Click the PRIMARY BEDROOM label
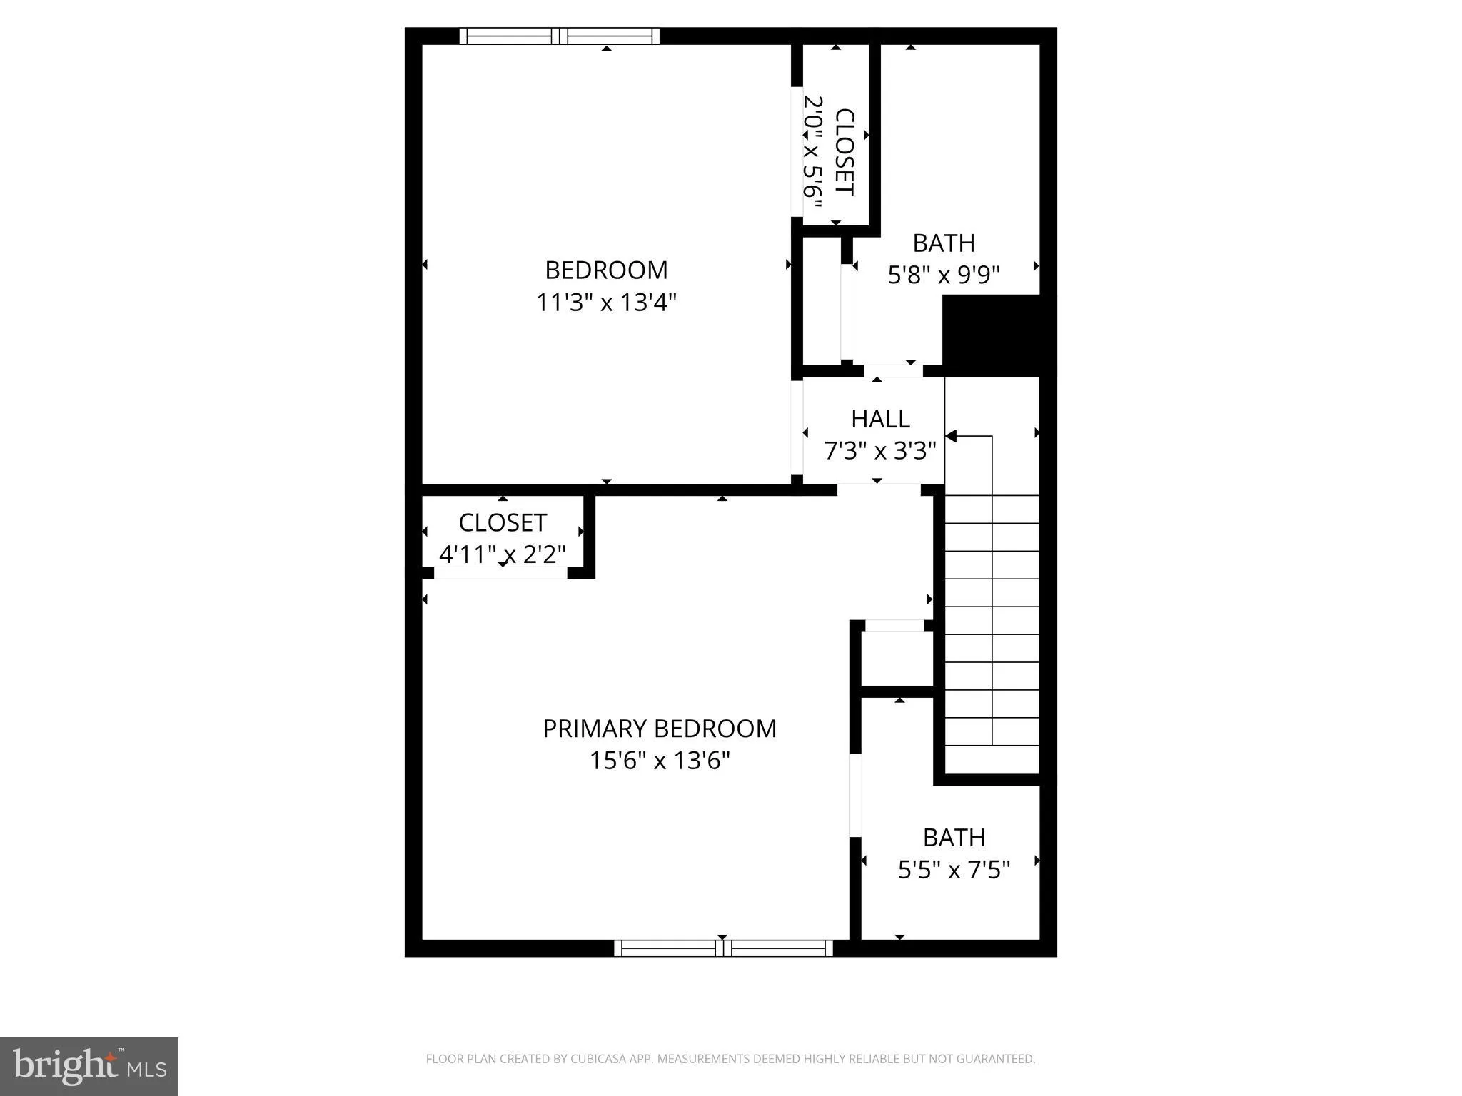[659, 729]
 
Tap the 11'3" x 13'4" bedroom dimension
[606, 303]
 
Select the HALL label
[880, 419]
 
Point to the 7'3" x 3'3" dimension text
[880, 451]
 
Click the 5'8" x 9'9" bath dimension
[944, 275]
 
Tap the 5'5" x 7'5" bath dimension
[954, 870]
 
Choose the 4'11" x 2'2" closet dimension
[503, 554]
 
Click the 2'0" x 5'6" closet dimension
[814, 151]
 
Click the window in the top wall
[559, 36]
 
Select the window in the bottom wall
[723, 948]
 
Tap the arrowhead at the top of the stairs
[951, 436]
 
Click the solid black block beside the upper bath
[999, 335]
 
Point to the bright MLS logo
[89, 1066]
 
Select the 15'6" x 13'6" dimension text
[659, 761]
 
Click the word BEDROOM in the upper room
[606, 270]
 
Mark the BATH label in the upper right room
[944, 243]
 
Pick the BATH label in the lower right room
[954, 838]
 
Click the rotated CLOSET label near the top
[845, 151]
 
